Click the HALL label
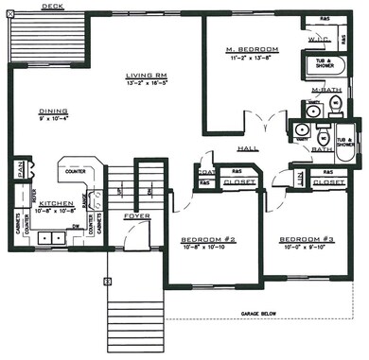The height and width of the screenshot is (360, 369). click(x=248, y=149)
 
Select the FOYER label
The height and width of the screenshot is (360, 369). click(x=137, y=216)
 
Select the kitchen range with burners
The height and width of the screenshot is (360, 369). click(x=91, y=200)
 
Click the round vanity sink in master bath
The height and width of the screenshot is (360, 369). click(x=312, y=111)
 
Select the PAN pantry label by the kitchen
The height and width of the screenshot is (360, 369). click(x=20, y=172)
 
